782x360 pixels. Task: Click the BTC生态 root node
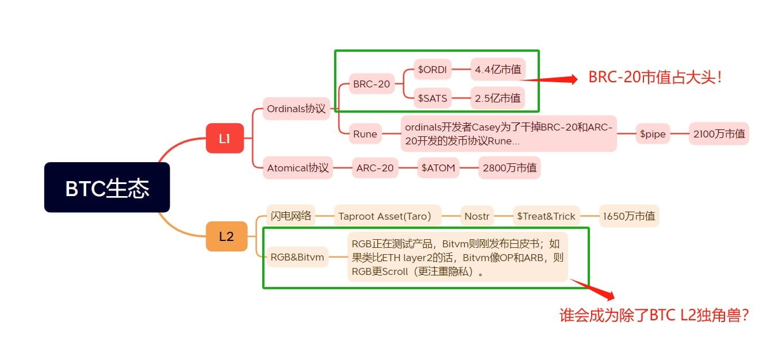(107, 187)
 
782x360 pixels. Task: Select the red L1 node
(225, 138)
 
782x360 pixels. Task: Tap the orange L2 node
(226, 236)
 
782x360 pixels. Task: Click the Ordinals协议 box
(297, 108)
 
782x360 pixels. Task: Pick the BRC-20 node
(371, 84)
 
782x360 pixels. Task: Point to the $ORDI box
(432, 70)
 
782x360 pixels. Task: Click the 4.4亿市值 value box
(498, 70)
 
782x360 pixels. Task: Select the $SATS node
(433, 98)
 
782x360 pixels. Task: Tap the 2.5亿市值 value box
(498, 98)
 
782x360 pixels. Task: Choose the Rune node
(365, 134)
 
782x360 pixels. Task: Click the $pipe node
(652, 134)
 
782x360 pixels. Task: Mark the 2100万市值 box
(719, 134)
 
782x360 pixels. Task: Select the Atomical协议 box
(298, 168)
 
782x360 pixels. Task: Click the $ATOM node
(438, 168)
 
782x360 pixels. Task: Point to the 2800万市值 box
(509, 168)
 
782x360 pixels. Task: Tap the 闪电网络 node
(291, 216)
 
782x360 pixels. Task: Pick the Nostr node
(477, 216)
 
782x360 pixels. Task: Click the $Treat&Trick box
(546, 216)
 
